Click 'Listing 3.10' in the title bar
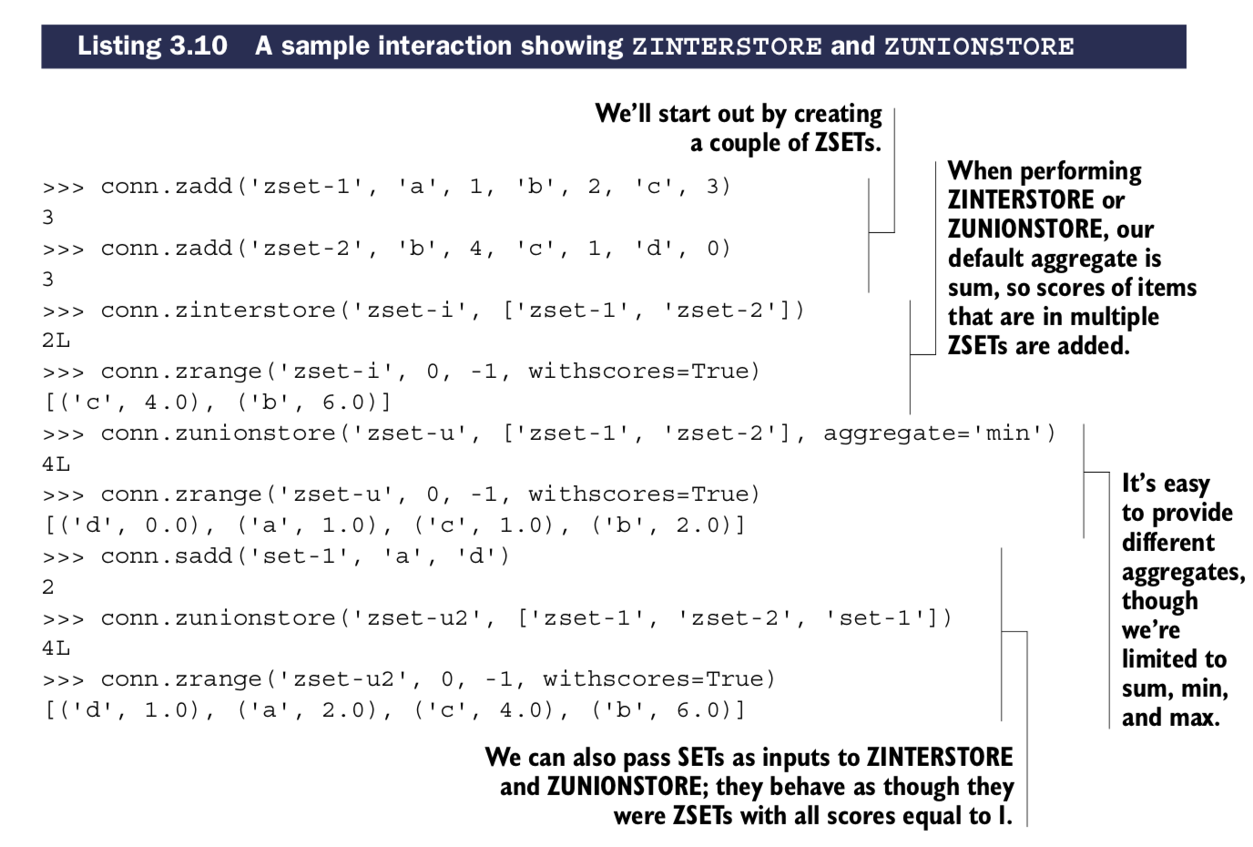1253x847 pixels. pos(152,46)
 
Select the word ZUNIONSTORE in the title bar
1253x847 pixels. pos(979,46)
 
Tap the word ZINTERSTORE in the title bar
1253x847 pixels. pos(727,46)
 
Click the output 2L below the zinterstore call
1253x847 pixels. pos(56,341)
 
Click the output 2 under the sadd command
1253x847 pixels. pos(48,587)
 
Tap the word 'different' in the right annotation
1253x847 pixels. pos(1167,543)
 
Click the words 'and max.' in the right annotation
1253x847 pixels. pos(1170,718)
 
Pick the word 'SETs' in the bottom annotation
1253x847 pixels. pos(707,758)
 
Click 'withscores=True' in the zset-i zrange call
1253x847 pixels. pos(644,372)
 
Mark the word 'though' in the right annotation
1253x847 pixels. pos(1159,601)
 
